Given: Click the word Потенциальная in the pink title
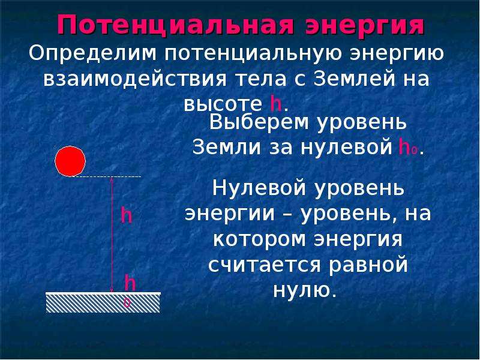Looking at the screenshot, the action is [x=176, y=25].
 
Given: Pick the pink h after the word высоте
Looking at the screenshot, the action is [x=276, y=103].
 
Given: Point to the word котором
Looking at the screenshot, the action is [x=259, y=239].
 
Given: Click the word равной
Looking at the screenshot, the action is [x=368, y=265].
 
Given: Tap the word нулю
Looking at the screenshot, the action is [x=305, y=290].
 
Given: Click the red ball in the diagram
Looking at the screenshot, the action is [x=70, y=161].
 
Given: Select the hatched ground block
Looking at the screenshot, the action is [x=103, y=302].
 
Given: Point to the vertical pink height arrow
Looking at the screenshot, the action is [x=112, y=235].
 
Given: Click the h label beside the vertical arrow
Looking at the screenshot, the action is [x=126, y=215].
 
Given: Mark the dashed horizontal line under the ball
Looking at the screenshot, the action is [x=106, y=176].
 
